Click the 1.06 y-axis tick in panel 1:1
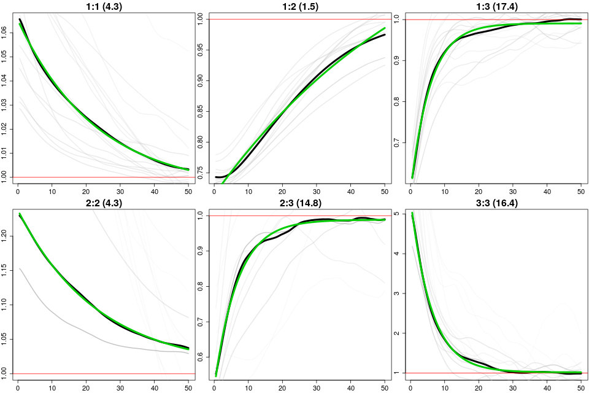coord(6,30)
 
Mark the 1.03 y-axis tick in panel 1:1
coord(6,104)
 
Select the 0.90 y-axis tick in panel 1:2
coord(202,80)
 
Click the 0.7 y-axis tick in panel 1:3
coord(398,142)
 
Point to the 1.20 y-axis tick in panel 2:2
coord(6,235)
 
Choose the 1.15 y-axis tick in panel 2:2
coord(6,269)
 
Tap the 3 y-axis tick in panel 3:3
coord(398,294)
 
